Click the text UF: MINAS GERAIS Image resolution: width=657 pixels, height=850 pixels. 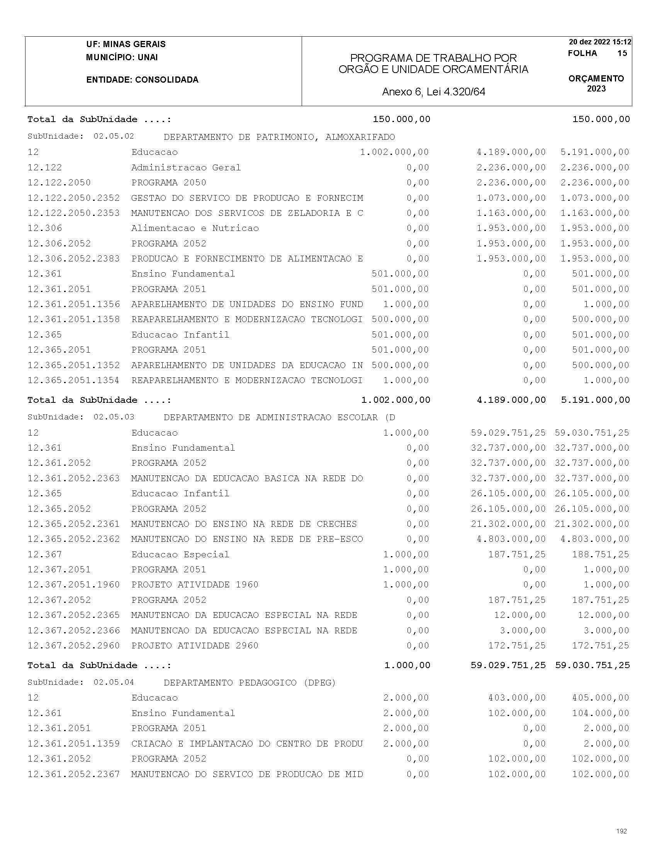pos(126,44)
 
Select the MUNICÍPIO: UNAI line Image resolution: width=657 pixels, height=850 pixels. pos(122,57)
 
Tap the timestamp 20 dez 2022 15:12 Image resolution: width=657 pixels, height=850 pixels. pos(600,42)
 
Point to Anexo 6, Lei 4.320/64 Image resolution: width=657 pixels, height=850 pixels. pos(434,92)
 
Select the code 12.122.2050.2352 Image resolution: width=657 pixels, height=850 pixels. pos(73,198)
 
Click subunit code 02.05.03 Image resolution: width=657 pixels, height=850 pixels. pos(114,417)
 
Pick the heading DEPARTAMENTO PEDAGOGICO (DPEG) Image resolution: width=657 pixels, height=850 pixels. pos(250,682)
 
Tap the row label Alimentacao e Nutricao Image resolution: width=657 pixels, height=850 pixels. pos(195,228)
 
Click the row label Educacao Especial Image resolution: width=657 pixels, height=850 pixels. pos(180,554)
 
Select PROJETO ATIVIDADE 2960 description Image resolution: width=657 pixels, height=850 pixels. pos(195,645)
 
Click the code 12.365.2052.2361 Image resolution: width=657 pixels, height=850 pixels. pos(73,524)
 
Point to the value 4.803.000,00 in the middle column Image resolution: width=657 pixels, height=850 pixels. pos(511,539)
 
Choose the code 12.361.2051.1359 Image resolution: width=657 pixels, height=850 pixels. pos(73,743)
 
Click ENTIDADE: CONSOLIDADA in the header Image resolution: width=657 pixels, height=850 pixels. pos(142,80)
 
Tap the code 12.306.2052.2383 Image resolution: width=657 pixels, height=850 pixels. pos(73,259)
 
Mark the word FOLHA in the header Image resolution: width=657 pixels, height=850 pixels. pos(582,53)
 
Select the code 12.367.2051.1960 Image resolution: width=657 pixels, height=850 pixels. pos(73,585)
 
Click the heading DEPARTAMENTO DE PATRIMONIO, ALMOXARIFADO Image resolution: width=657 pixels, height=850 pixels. pos(279,137)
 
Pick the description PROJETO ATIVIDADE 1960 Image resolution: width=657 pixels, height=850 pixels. pos(195,585)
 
